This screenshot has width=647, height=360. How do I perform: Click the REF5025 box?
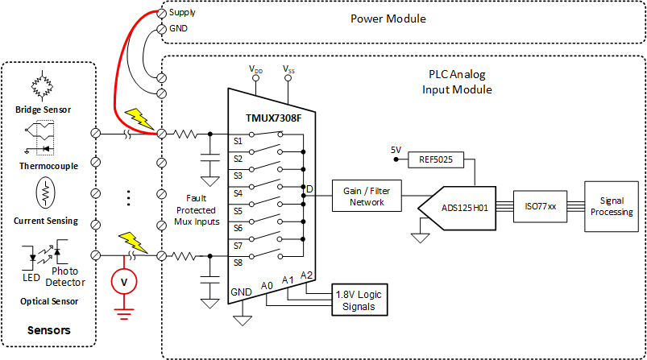tap(436, 159)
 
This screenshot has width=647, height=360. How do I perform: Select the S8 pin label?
tap(238, 262)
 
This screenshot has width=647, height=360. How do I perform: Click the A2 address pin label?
tap(306, 275)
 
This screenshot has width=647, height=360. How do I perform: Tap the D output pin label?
tap(309, 190)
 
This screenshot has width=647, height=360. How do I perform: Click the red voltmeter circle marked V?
tap(123, 282)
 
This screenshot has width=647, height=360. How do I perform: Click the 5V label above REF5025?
tap(396, 150)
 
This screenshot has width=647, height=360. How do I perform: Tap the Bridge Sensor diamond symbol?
tap(48, 85)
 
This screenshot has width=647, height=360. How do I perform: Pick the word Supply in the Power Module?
tap(183, 13)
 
